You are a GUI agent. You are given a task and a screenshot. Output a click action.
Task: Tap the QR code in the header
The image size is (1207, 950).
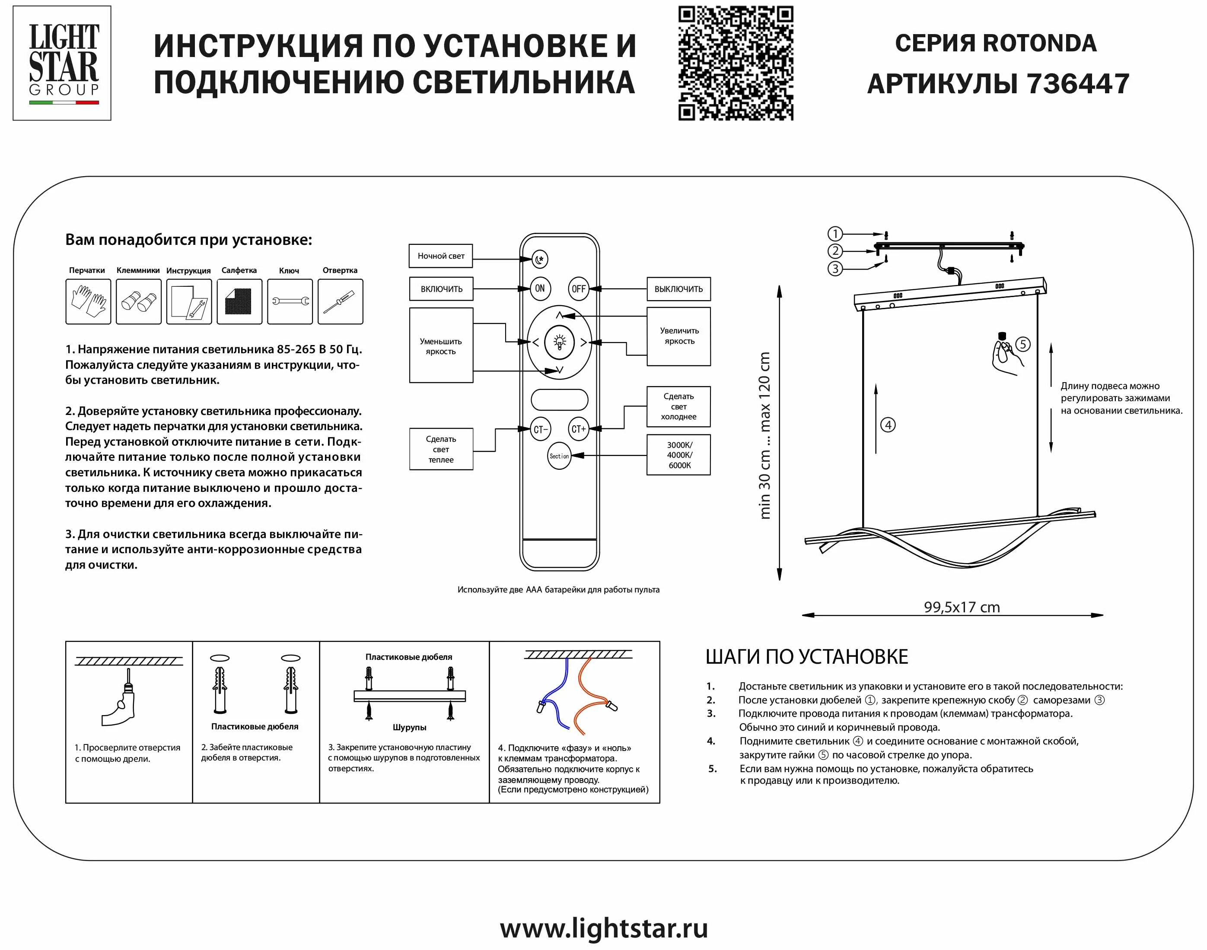[735, 63]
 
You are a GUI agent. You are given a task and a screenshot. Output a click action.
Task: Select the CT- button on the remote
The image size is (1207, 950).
[540, 429]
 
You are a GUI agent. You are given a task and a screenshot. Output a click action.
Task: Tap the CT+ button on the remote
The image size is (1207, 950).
[579, 429]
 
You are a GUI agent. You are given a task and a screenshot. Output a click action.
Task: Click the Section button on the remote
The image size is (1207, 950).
[559, 456]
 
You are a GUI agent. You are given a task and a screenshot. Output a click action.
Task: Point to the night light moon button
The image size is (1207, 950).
[540, 259]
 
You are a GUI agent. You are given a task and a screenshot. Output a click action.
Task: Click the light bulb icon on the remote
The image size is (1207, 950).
[559, 342]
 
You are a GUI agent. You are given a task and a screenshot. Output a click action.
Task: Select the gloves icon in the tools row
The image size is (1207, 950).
[88, 301]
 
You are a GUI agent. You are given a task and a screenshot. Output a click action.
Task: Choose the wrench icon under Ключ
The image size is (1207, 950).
[290, 301]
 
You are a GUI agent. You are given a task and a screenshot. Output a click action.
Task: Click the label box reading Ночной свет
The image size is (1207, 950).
[441, 256]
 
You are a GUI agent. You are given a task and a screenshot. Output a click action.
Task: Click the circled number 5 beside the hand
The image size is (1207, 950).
[1023, 344]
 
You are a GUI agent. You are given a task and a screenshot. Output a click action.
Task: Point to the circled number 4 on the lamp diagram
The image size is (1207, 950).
[888, 425]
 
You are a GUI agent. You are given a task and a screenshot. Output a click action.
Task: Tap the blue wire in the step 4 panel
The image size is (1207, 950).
[554, 695]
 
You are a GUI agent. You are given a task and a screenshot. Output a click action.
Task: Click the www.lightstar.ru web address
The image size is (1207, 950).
[604, 928]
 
